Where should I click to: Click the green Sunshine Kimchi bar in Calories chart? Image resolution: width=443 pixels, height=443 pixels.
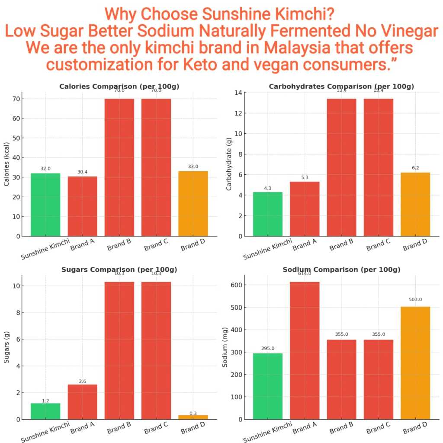[x=45, y=205]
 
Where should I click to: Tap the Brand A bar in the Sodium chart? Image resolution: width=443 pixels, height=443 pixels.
[x=305, y=350]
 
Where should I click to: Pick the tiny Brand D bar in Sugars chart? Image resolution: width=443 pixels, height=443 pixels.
[x=193, y=417]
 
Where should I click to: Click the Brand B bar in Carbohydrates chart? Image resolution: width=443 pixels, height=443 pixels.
[x=341, y=167]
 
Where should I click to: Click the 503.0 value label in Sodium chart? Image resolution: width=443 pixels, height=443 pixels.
[x=415, y=299]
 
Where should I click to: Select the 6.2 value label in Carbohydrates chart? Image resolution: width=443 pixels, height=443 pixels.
[x=415, y=167]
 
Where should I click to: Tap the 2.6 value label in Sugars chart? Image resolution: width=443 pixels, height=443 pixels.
[x=82, y=381]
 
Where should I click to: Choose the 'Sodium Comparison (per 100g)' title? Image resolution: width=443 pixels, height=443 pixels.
[x=341, y=270]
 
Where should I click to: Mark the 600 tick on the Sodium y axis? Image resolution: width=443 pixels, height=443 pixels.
[x=239, y=285]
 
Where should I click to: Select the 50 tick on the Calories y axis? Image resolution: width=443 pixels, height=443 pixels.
[x=16, y=138]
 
